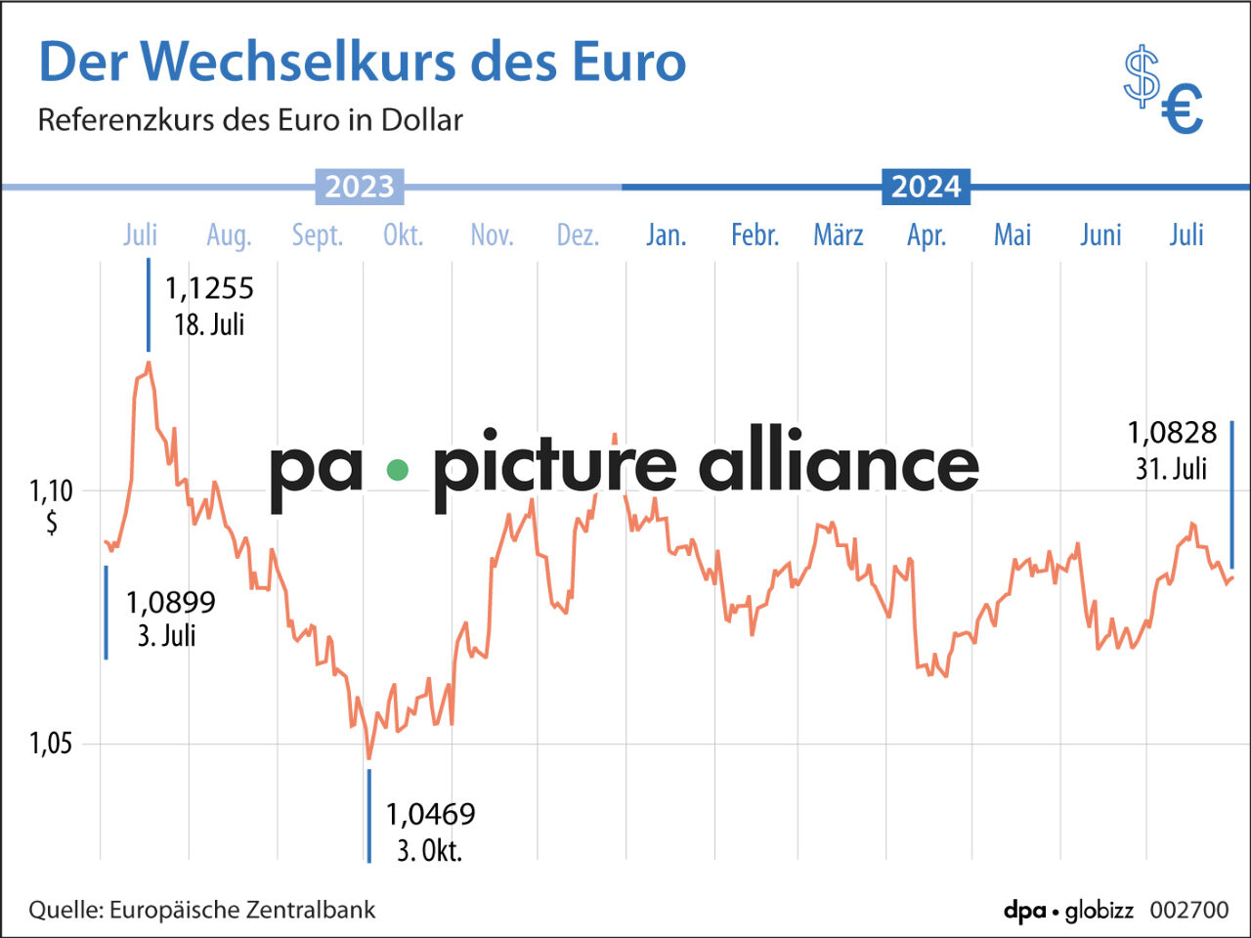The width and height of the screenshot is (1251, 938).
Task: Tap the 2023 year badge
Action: [360, 187]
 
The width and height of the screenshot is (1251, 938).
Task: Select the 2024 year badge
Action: [926, 187]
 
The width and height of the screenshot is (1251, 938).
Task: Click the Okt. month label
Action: [403, 235]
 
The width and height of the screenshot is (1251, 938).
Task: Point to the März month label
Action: [839, 235]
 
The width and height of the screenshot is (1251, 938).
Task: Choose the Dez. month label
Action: [578, 235]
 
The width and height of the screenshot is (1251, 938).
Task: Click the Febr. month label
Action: [755, 235]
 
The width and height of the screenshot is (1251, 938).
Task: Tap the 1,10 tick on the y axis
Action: [51, 490]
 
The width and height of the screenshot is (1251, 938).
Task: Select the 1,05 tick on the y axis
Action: [51, 744]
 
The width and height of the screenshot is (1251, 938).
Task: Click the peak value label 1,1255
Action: [209, 288]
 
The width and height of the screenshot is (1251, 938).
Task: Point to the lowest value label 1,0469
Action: [430, 814]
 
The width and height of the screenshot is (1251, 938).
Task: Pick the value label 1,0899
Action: [170, 603]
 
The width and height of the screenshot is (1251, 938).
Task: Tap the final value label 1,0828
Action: [1172, 433]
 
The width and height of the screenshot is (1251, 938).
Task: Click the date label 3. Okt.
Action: [429, 850]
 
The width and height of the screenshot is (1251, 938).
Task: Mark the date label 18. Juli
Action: [209, 324]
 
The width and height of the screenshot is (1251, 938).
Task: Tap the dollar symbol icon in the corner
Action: [1141, 76]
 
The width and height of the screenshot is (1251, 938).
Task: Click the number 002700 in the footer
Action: [1189, 910]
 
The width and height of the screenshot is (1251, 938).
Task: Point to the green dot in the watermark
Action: [397, 470]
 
